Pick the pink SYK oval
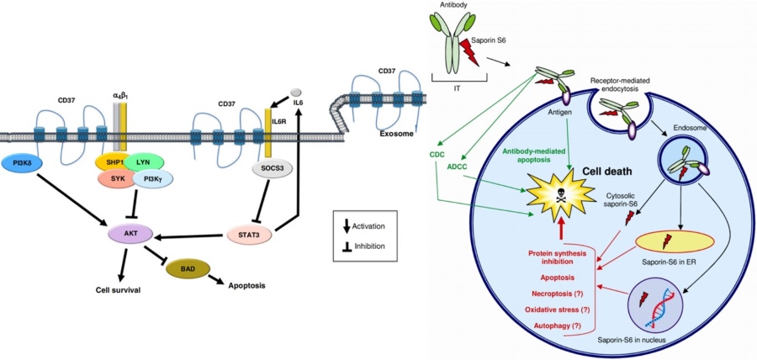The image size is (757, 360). pos(116,179)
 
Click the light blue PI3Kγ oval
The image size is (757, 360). pos(152,179)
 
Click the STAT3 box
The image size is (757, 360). pos(251,233)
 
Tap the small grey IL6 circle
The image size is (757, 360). pos(294,91)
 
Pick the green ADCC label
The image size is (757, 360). pos(458,167)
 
